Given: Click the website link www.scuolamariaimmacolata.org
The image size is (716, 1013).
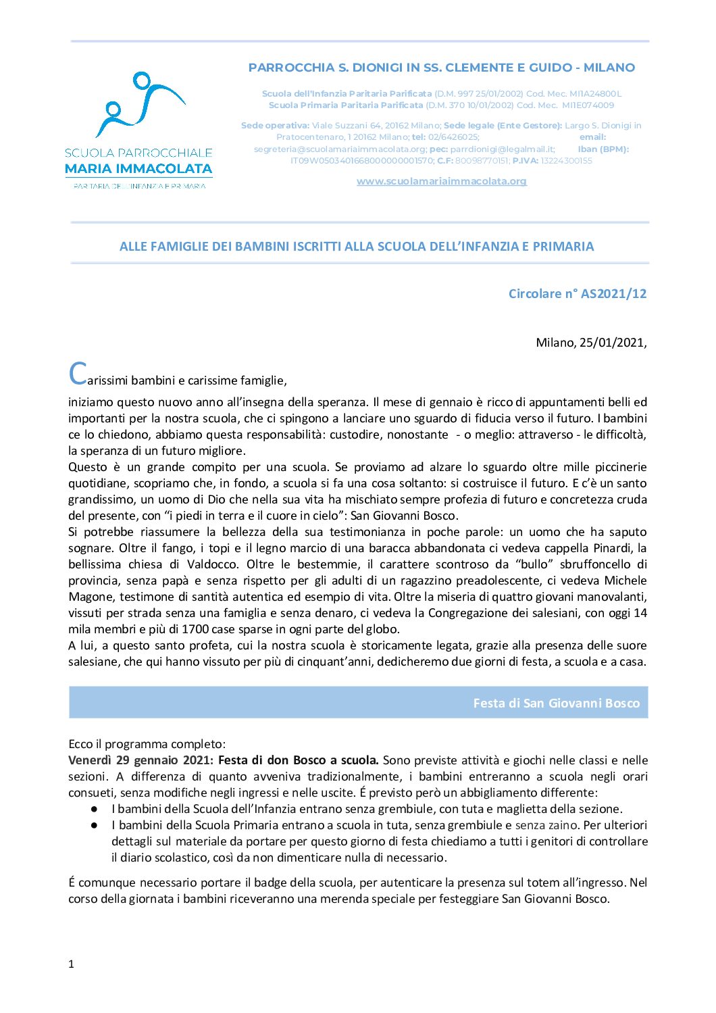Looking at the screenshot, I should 441,181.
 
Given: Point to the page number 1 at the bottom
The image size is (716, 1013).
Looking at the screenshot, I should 71,964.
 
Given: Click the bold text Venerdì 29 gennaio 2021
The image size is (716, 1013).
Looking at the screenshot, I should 140,760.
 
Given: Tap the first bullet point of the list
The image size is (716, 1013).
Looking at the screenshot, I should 95,809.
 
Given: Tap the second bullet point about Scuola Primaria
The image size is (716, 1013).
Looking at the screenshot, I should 95,825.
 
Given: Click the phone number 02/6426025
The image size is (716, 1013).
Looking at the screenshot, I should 453,137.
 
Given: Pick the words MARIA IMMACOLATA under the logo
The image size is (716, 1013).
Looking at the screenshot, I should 138,169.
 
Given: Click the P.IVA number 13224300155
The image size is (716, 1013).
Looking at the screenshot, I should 566,161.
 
